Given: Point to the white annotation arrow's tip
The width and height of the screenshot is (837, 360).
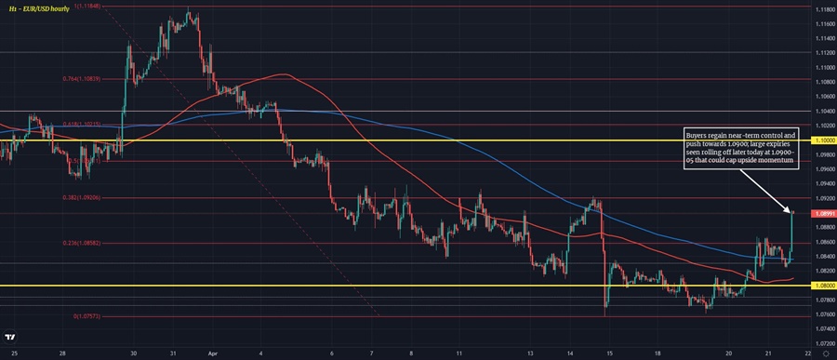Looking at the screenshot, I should (790, 208).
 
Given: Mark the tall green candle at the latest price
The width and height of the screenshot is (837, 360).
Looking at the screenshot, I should (791, 233).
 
